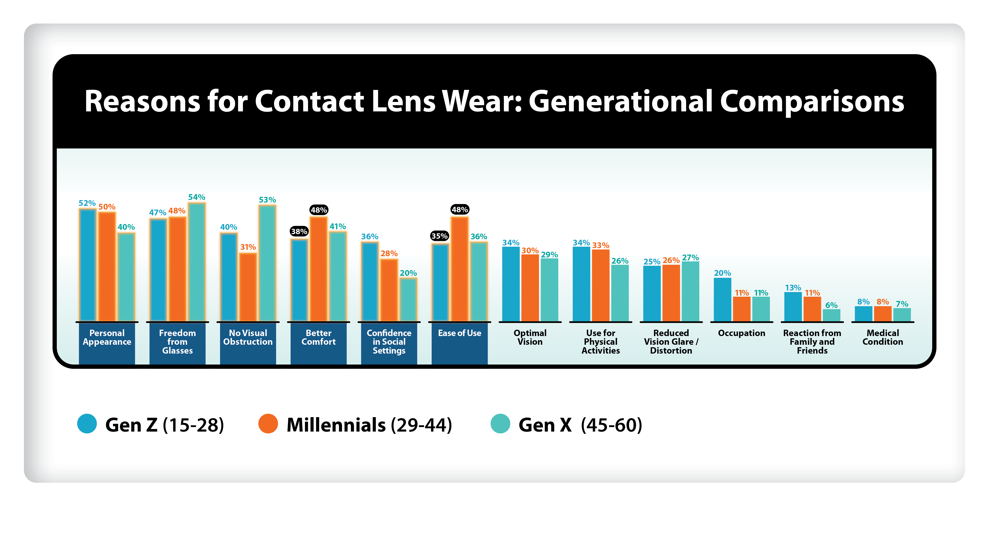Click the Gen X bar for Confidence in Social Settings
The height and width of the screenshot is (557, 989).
(x=408, y=300)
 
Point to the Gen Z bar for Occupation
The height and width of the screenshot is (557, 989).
(x=722, y=300)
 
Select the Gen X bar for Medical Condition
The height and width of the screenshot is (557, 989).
(x=902, y=314)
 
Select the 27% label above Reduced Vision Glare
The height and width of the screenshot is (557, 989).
(x=690, y=257)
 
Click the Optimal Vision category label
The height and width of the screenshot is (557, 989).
(x=530, y=337)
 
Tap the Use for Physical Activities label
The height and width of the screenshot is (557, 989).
(x=600, y=341)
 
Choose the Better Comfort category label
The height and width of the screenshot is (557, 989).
(x=318, y=337)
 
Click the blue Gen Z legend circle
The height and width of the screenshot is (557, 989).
(x=87, y=424)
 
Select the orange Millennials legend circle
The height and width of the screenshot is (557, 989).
(x=268, y=424)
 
